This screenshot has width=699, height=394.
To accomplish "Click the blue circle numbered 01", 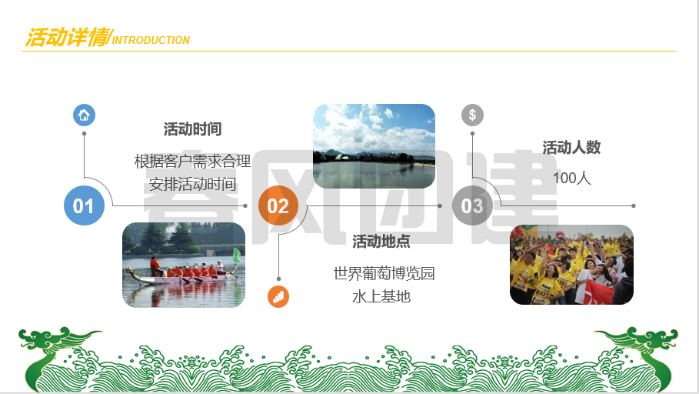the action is (x=85, y=205).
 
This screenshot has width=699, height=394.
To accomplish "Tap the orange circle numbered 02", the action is (x=278, y=205).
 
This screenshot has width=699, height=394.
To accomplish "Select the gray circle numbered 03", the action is (x=472, y=205).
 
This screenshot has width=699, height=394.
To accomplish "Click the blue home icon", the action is (x=85, y=115).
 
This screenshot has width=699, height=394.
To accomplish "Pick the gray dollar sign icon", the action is (x=473, y=115).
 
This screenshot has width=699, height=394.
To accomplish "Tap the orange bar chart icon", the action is (x=278, y=297).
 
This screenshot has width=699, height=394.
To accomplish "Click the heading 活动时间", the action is (x=192, y=129).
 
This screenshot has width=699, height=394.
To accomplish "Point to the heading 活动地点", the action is (x=381, y=242).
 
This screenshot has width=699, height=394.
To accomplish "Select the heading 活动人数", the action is (x=571, y=148).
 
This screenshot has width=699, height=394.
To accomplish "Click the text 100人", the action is (x=572, y=178).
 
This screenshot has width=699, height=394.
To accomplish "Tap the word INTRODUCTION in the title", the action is (x=151, y=40).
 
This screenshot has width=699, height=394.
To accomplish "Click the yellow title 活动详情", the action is (x=68, y=37).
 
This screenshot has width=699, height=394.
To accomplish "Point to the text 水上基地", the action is (x=381, y=297).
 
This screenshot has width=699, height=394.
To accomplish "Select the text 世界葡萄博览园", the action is (x=384, y=273).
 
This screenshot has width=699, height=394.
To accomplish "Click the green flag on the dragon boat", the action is (x=237, y=255).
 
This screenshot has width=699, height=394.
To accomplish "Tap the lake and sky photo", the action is (x=374, y=146).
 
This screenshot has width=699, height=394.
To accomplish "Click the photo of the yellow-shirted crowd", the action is (x=571, y=265).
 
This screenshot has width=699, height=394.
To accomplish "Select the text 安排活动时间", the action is (x=192, y=184).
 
